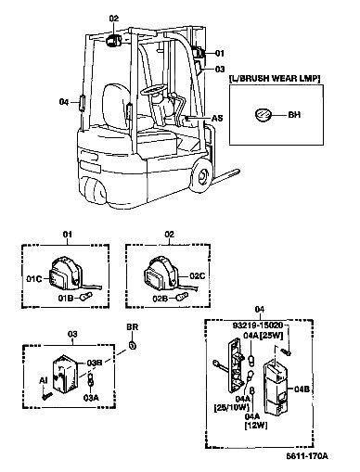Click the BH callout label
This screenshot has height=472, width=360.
[294, 115]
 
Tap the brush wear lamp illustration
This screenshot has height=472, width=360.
[264, 115]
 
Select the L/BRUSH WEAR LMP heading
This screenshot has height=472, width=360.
[275, 79]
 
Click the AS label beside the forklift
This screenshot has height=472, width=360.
[217, 118]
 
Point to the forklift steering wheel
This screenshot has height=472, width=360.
[154, 90]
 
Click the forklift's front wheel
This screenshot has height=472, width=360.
[201, 177]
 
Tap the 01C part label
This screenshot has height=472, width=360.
[33, 279]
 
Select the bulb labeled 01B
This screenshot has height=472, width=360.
[85, 297]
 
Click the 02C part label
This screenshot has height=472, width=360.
[198, 275]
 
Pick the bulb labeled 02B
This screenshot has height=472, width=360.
[182, 297]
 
